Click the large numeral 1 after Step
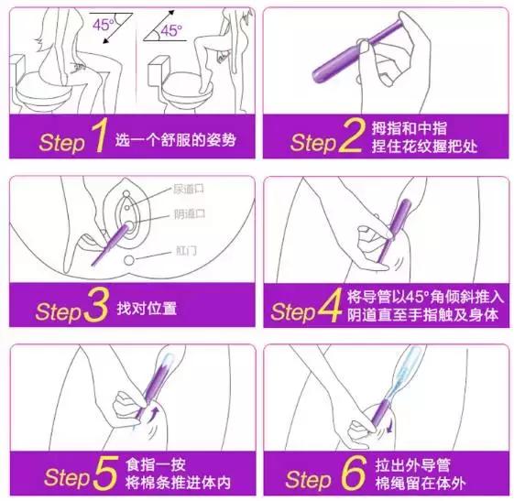pos(99,139)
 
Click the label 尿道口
pos(188,190)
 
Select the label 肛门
pos(185,250)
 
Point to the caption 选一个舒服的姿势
pos(170,141)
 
